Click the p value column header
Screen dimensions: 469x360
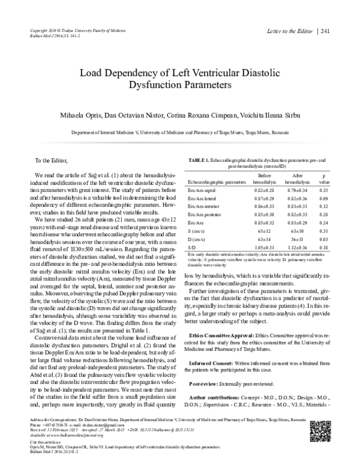[x=324, y=177]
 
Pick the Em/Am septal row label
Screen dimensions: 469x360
[x=205, y=188]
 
